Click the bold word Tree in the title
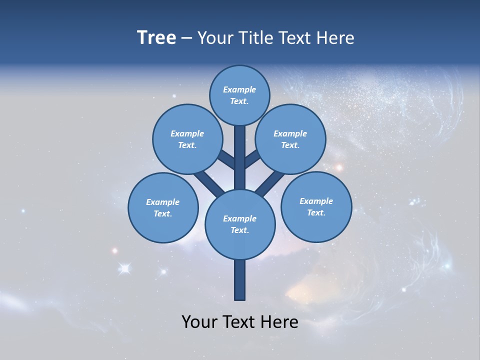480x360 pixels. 156,37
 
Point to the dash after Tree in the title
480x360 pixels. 187,38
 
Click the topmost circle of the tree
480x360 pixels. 239,95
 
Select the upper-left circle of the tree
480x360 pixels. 187,139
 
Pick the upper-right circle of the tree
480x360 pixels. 290,139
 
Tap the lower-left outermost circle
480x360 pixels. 163,207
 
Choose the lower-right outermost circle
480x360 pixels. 316,206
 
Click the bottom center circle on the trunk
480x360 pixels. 240,224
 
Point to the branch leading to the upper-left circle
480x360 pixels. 226,159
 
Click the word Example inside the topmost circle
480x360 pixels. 239,89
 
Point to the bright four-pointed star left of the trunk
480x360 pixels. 124,269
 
